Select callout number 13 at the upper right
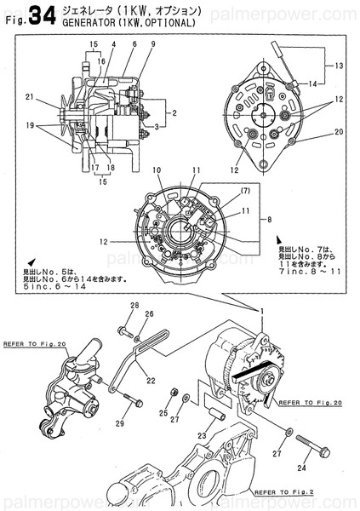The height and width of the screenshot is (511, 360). pyautogui.click(x=337, y=66)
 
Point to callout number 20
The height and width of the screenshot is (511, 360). pyautogui.click(x=338, y=132)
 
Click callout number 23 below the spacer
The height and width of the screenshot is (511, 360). pyautogui.click(x=203, y=437)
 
